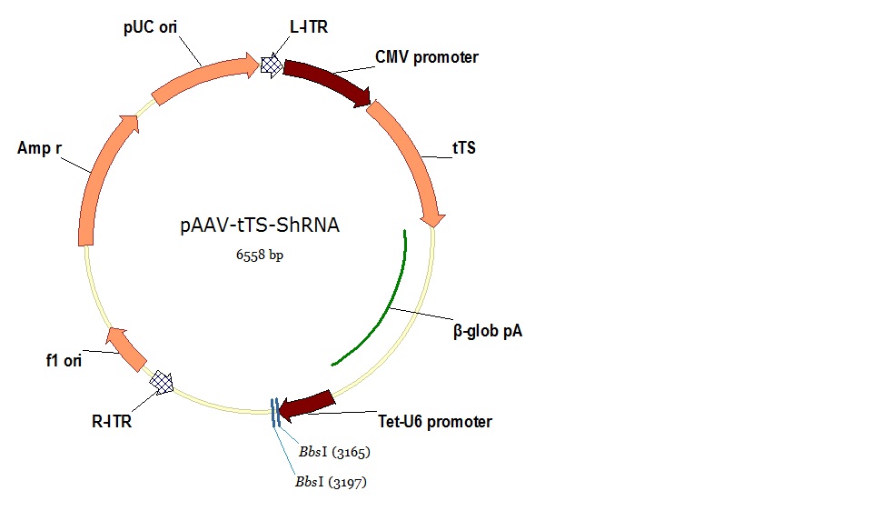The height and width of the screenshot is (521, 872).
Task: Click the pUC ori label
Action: coord(152,27)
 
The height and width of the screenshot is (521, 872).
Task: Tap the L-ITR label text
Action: coord(309,27)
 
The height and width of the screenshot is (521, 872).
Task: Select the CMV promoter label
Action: coord(426,57)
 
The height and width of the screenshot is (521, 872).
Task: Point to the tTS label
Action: coord(463,148)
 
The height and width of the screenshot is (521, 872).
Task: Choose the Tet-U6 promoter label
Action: coord(434,421)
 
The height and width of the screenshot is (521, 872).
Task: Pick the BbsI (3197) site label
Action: coord(331,481)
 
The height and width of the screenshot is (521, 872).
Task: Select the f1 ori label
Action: coord(64,361)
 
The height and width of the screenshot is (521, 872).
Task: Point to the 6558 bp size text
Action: coord(260,256)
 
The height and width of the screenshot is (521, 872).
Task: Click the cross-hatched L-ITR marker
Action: coord(271,65)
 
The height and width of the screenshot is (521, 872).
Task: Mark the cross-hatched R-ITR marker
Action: coord(163,382)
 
